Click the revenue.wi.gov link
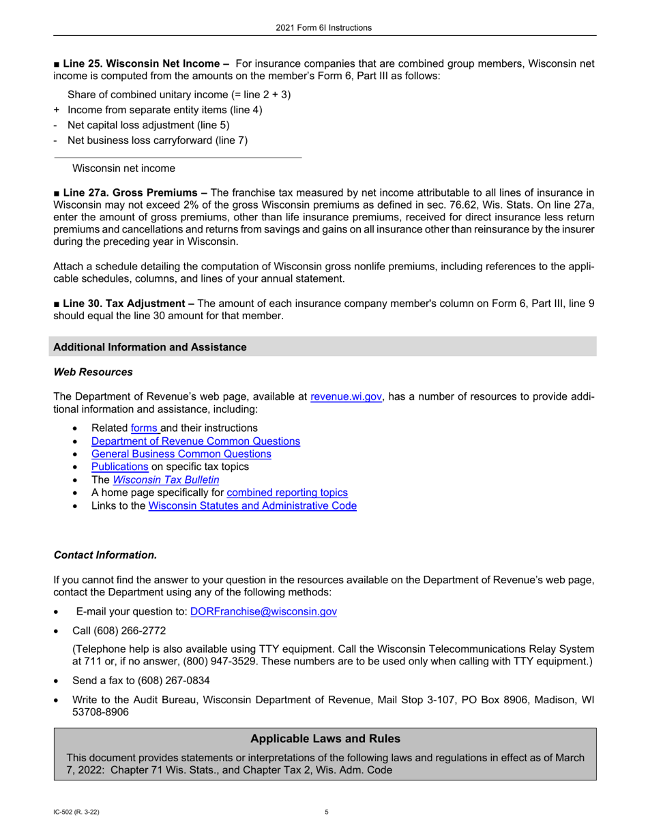(346, 397)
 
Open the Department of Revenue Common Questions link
(195, 441)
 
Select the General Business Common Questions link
(181, 454)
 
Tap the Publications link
(119, 467)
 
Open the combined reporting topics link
(286, 492)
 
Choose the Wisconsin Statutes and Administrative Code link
(252, 506)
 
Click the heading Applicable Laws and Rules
(325, 739)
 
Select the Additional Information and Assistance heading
(149, 347)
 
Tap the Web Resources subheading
(93, 372)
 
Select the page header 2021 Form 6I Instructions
(324, 28)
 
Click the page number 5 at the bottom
(327, 812)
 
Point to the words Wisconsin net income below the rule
(123, 168)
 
